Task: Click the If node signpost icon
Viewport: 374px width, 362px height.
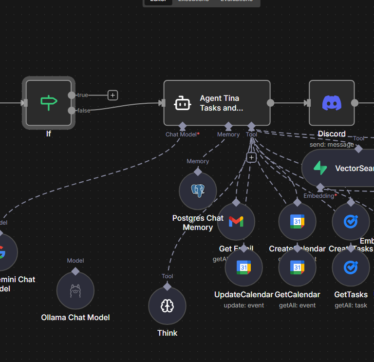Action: point(49,102)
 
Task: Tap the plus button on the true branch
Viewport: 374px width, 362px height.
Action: point(113,95)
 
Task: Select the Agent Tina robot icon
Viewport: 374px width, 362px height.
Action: point(183,103)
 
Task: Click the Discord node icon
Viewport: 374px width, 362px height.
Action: point(332,103)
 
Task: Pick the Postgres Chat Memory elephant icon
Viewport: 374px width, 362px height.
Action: point(198,191)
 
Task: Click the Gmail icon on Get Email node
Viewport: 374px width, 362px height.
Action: point(236,222)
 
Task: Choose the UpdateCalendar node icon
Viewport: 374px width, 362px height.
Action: point(244,267)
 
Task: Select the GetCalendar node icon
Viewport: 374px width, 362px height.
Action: point(297,267)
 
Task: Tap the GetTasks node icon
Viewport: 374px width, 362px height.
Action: point(351,267)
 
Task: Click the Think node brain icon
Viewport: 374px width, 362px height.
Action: point(167,305)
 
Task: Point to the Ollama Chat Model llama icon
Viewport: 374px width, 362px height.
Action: point(75,291)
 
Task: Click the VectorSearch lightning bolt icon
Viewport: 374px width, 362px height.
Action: point(320,168)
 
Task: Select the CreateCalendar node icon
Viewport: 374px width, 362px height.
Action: point(297,222)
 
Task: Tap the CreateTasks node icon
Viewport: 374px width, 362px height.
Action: point(351,222)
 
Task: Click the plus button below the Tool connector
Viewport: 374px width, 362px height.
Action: point(251,157)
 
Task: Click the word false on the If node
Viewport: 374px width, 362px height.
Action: point(84,111)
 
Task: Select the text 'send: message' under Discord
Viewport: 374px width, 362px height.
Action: point(332,145)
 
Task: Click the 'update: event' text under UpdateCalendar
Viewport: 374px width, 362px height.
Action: point(244,305)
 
